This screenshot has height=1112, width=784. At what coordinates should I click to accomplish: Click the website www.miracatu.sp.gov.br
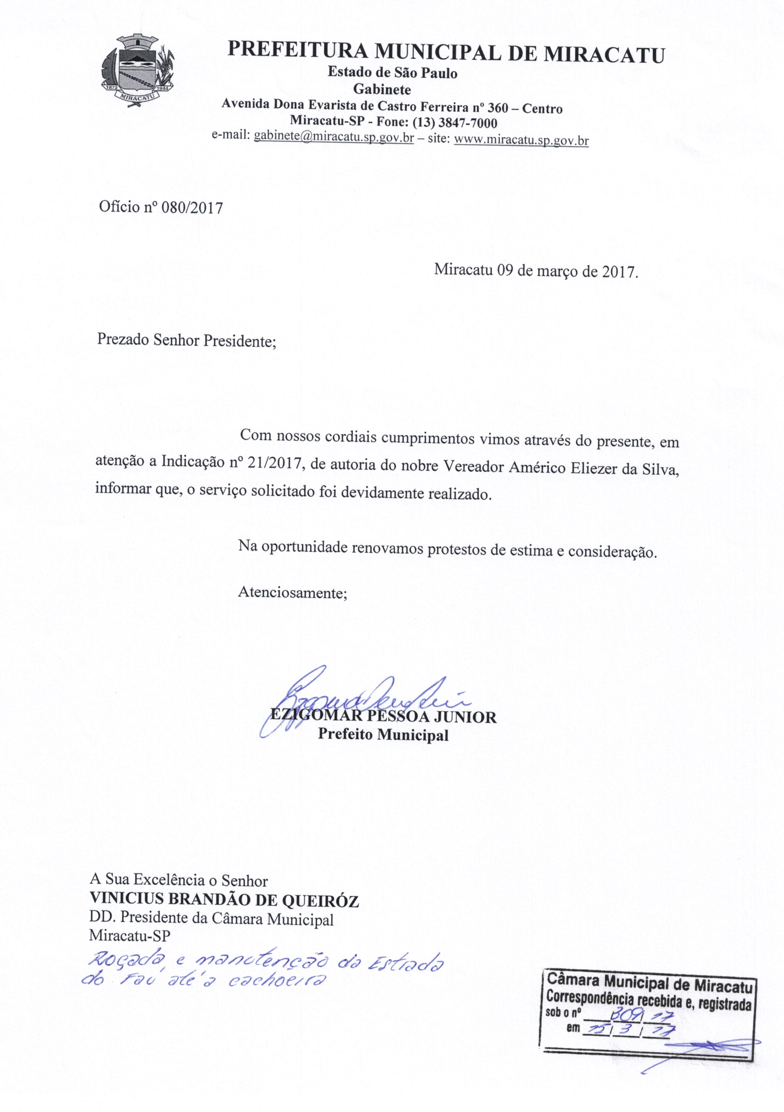click(522, 140)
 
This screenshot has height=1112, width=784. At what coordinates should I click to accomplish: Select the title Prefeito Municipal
click(383, 735)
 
